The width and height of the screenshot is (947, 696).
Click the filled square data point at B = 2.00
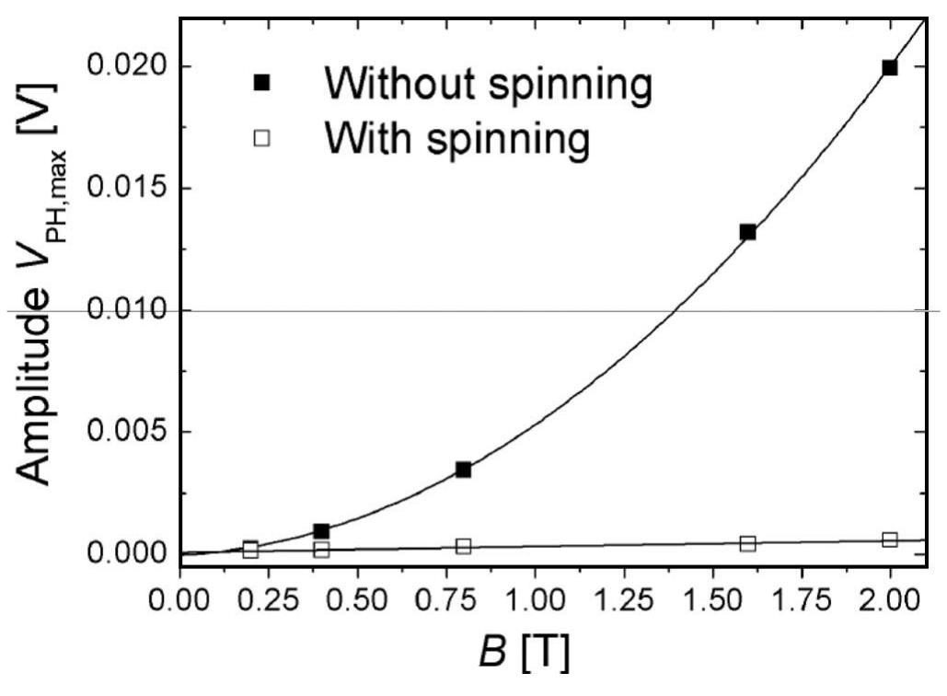[889, 67]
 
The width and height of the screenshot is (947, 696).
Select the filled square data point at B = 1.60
[747, 232]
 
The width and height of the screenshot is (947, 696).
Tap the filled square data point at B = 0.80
[463, 470]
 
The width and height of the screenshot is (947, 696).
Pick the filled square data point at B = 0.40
[321, 531]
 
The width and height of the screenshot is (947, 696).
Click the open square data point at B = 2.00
[889, 539]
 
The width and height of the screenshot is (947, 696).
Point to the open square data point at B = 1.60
[747, 543]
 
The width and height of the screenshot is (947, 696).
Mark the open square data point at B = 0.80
[463, 546]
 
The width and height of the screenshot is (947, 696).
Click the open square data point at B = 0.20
[250, 549]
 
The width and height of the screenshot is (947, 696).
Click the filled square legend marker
[262, 84]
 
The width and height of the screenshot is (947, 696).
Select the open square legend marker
[262, 139]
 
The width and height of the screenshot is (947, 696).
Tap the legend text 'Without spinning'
[488, 85]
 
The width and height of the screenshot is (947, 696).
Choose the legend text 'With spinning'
[456, 140]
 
